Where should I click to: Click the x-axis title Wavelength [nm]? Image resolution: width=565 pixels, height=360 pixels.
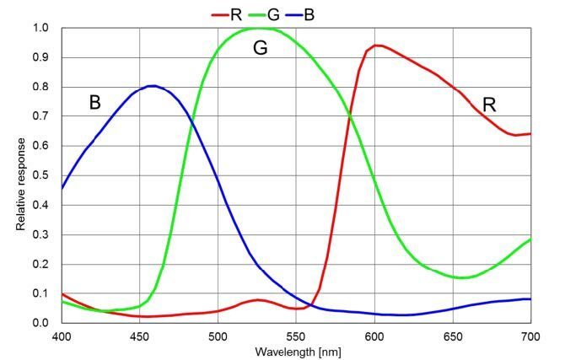pyautogui.click(x=296, y=350)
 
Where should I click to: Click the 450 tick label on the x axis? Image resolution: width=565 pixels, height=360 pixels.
pyautogui.click(x=139, y=336)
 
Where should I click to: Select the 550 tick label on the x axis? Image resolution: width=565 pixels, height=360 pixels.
pyautogui.click(x=296, y=336)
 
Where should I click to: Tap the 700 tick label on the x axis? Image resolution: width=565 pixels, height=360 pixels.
pyautogui.click(x=530, y=336)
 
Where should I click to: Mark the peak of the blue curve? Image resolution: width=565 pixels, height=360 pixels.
pyautogui.click(x=152, y=86)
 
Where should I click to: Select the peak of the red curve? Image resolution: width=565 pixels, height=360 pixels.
pyautogui.click(x=376, y=46)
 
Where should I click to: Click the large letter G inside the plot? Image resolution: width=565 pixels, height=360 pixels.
pyautogui.click(x=261, y=50)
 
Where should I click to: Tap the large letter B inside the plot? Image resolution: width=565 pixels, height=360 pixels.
pyautogui.click(x=95, y=103)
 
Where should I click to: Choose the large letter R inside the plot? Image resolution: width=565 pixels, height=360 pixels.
pyautogui.click(x=489, y=105)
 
